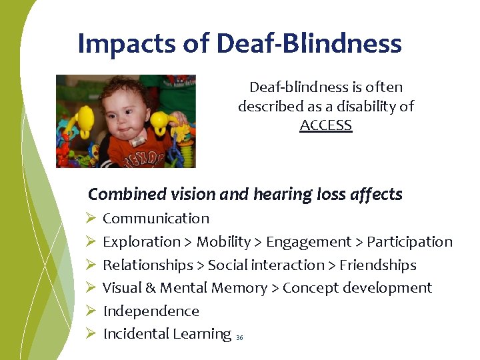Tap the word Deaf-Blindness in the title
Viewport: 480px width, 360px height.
tap(310, 44)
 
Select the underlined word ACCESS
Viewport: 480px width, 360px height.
tap(326, 125)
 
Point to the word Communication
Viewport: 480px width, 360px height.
tap(156, 219)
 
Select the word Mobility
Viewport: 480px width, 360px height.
tap(223, 242)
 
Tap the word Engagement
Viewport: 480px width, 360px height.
tap(309, 242)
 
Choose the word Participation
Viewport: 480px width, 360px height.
tap(409, 242)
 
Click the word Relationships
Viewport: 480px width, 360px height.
tap(147, 265)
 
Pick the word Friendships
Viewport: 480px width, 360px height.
tap(378, 265)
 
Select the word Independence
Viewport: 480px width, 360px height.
tap(151, 311)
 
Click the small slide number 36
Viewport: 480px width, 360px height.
tap(240, 338)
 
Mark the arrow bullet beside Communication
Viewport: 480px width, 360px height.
tap(91, 219)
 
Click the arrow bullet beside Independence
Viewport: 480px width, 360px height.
tap(91, 311)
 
